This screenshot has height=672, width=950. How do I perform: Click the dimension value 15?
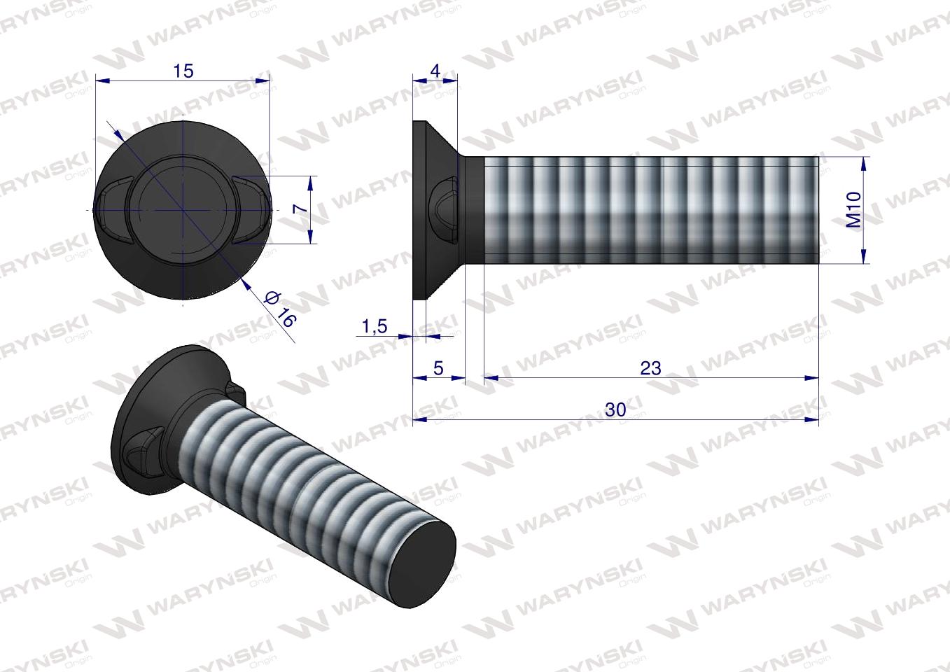[183, 71]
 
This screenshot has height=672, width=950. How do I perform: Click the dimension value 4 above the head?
[435, 71]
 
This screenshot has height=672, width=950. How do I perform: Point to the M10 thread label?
[853, 211]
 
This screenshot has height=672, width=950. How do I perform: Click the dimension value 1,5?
[375, 326]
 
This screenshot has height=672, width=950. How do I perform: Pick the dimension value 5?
[438, 368]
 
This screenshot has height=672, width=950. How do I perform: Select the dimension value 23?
[650, 368]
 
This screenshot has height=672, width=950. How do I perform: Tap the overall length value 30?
[615, 410]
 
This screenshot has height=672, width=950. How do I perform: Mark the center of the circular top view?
[183, 210]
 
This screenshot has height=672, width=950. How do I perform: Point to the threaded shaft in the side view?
[651, 210]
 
